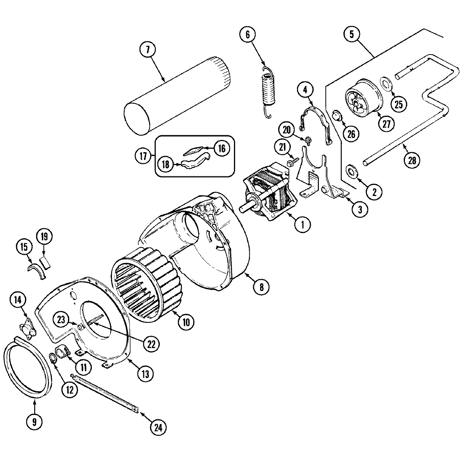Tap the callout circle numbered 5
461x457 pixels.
pyautogui.click(x=351, y=33)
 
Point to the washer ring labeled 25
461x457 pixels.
pyautogui.click(x=385, y=83)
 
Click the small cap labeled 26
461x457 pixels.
pyautogui.click(x=336, y=115)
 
